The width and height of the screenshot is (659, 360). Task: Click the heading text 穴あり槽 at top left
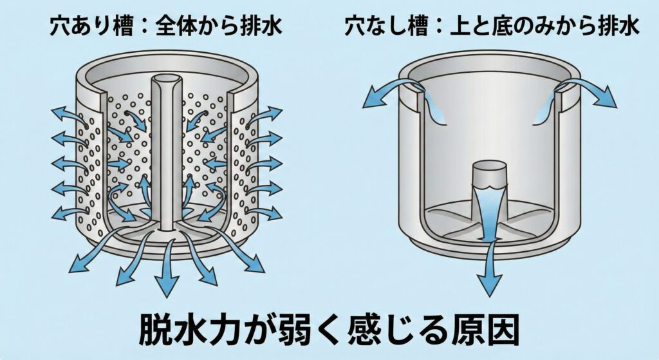(83, 26)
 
